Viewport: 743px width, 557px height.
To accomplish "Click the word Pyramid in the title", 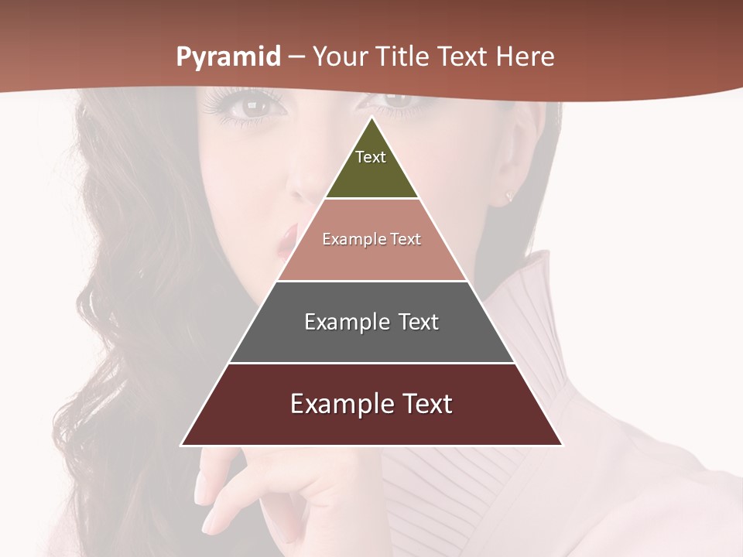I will [228, 57].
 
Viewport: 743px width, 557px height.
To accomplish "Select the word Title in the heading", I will [403, 56].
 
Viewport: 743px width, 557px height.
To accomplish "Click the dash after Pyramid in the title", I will [296, 57].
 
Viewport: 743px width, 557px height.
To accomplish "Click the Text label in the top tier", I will [371, 157].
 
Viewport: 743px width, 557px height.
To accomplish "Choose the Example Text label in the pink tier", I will [371, 239].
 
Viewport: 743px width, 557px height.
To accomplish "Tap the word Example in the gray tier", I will [343, 322].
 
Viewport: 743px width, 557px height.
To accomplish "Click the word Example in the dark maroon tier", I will [337, 404].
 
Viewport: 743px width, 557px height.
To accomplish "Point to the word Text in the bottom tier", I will [424, 404].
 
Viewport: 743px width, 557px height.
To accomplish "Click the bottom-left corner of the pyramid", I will [182, 445].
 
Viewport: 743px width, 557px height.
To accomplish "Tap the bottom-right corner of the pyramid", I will [562, 445].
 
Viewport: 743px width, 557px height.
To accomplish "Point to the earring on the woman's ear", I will [509, 196].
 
